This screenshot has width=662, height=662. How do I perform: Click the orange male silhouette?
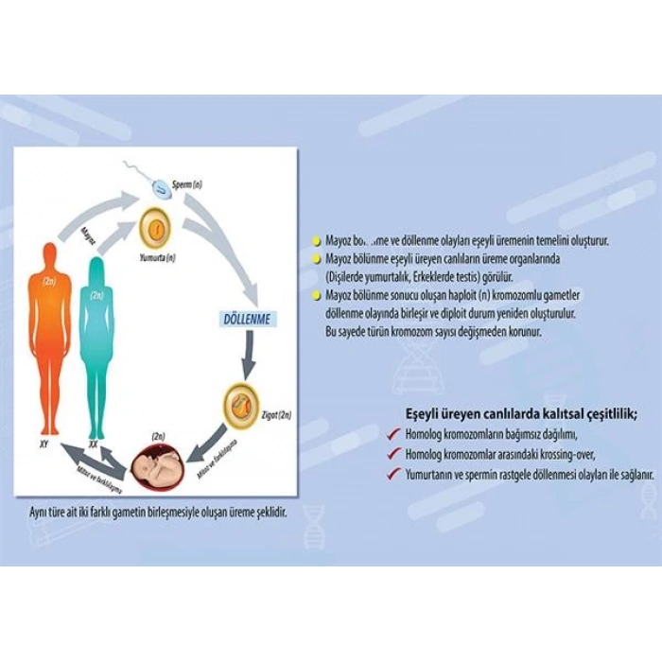48,331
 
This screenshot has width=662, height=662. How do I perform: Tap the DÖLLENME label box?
246,320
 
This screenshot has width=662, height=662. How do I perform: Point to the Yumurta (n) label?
157,258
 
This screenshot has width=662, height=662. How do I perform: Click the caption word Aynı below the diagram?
43,512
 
